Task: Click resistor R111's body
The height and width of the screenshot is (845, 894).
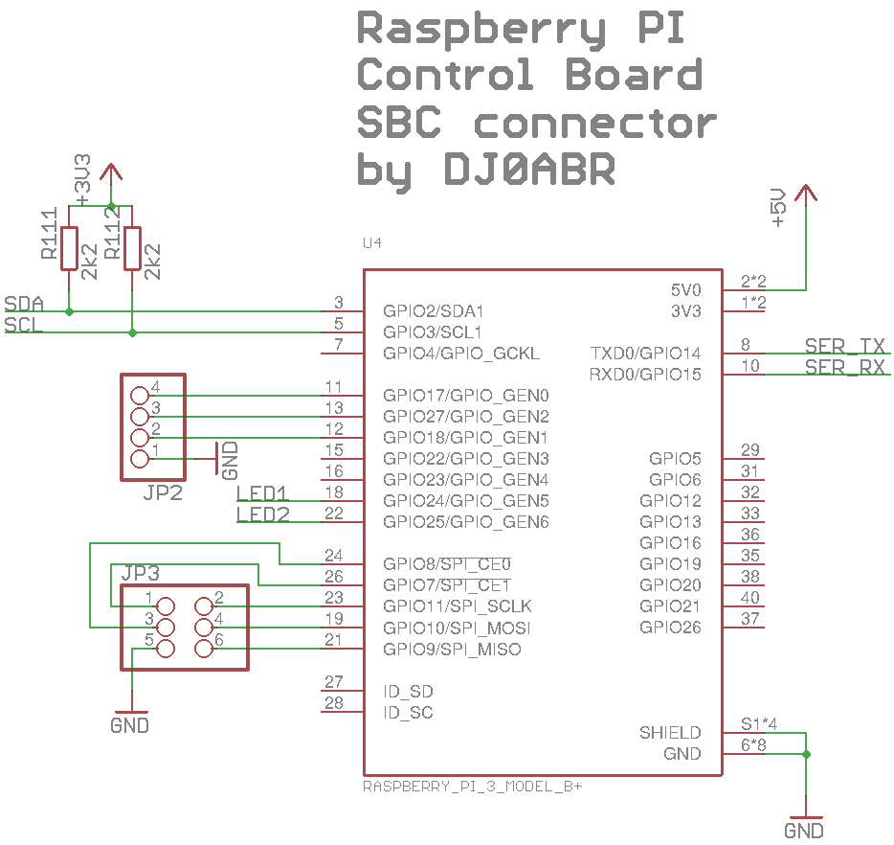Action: click(x=69, y=248)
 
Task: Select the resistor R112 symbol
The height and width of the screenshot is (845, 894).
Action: click(x=132, y=248)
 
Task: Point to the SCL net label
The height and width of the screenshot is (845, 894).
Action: click(x=23, y=326)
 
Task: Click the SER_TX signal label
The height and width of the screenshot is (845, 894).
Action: click(x=844, y=347)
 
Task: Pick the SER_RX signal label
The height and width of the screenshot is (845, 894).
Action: click(x=844, y=368)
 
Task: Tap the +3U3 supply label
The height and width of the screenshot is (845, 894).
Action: click(x=83, y=179)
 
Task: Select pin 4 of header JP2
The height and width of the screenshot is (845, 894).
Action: click(x=140, y=395)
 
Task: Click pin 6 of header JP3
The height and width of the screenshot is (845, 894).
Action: click(x=203, y=650)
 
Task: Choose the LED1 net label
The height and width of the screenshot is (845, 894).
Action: click(x=262, y=494)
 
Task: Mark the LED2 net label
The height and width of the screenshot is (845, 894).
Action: click(x=262, y=515)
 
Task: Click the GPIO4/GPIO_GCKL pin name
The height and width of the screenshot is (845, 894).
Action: click(x=461, y=354)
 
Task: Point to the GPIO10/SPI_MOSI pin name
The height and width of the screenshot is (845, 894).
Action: click(x=457, y=628)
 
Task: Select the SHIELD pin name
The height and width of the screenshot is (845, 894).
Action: click(x=670, y=733)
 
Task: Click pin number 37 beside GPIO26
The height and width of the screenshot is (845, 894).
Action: click(x=750, y=619)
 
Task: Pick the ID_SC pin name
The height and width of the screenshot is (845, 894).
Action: click(x=408, y=713)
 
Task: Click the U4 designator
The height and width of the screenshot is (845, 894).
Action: click(x=372, y=244)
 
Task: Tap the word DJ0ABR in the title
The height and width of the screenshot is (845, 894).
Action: click(x=529, y=171)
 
